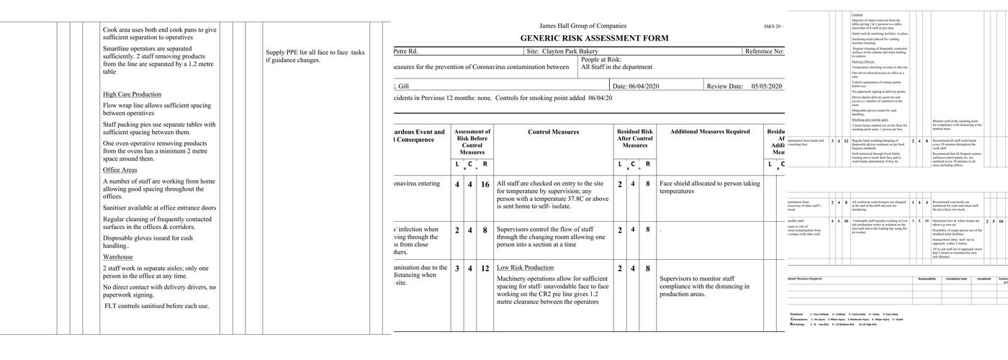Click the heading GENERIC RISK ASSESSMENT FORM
[594, 38]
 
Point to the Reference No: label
[763, 52]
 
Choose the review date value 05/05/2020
[766, 86]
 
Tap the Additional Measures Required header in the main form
[709, 132]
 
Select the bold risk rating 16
[485, 185]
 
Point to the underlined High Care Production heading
[132, 94]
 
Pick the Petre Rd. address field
[405, 52]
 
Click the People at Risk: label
[601, 60]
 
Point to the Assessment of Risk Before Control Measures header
[472, 142]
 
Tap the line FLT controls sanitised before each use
[156, 306]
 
